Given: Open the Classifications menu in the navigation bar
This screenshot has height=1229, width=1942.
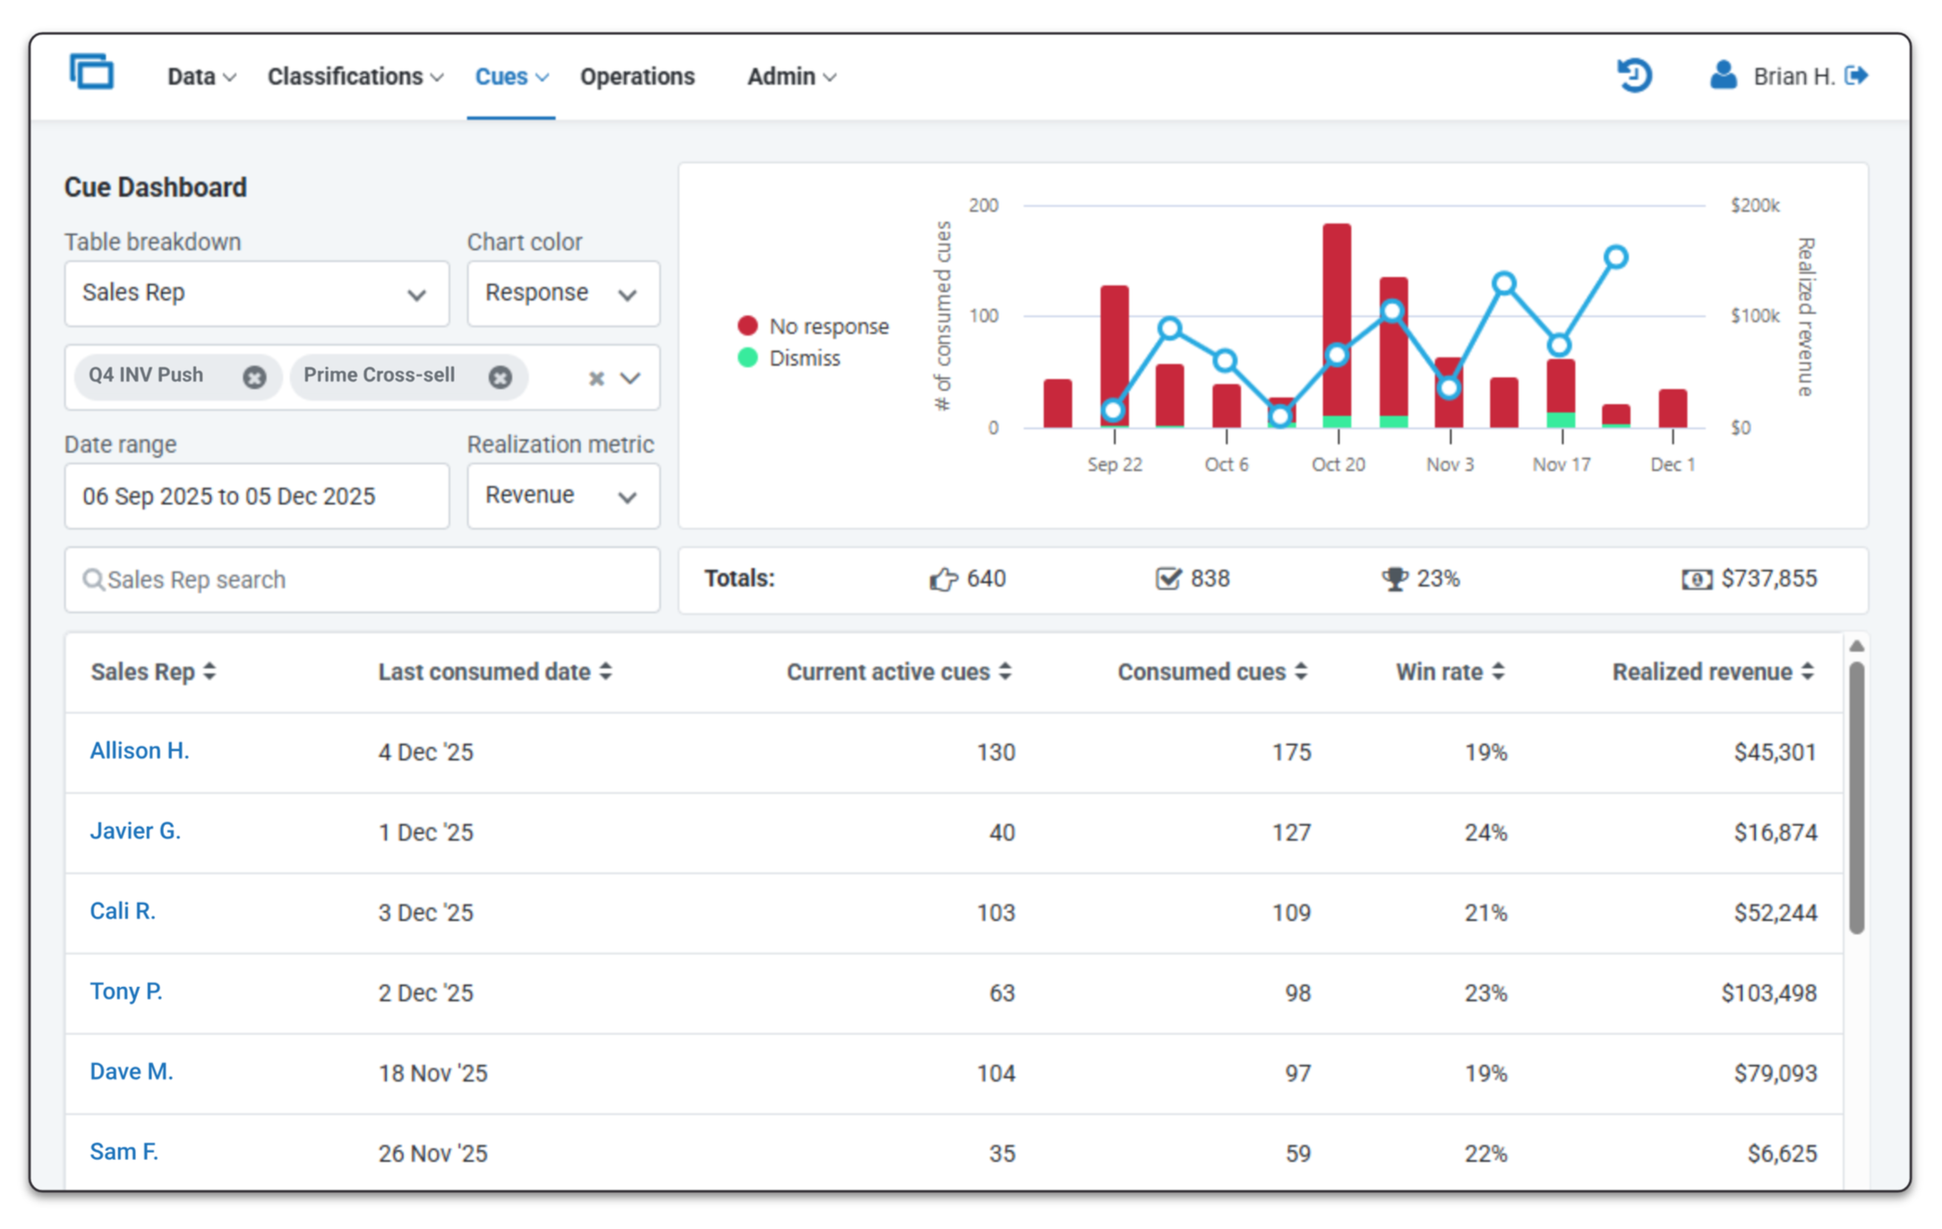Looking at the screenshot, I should click(355, 77).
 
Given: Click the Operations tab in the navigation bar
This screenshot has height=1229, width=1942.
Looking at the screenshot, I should click(637, 77).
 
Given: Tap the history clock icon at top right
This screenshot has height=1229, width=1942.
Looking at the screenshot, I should click(1633, 75).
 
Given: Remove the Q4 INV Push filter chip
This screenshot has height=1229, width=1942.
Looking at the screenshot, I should click(254, 377).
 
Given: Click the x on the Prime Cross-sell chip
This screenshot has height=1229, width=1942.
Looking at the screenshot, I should click(500, 377).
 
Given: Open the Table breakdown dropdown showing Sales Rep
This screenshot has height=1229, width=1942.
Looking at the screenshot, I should click(256, 294).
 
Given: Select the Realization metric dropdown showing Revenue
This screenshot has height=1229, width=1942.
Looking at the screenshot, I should click(562, 495).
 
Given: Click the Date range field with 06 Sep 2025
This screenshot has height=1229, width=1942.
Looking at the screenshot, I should click(256, 496).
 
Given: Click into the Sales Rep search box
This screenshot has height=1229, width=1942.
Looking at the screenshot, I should click(362, 580).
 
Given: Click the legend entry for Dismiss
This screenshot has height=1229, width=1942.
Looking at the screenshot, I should click(803, 358).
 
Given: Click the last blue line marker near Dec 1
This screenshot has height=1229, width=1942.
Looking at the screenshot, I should click(1615, 258).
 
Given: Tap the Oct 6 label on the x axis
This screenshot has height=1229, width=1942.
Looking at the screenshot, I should click(1226, 465).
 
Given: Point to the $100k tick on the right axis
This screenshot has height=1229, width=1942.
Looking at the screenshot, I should click(1754, 316).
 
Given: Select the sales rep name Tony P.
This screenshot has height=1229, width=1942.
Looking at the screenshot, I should click(126, 992).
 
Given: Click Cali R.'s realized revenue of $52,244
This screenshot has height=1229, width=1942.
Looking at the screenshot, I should click(1775, 913).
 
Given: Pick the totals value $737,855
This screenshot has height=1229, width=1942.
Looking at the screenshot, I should click(1768, 579).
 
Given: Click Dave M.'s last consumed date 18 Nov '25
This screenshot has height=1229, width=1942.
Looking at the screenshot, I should click(432, 1073).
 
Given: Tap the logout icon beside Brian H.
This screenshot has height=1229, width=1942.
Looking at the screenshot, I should click(1856, 76).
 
